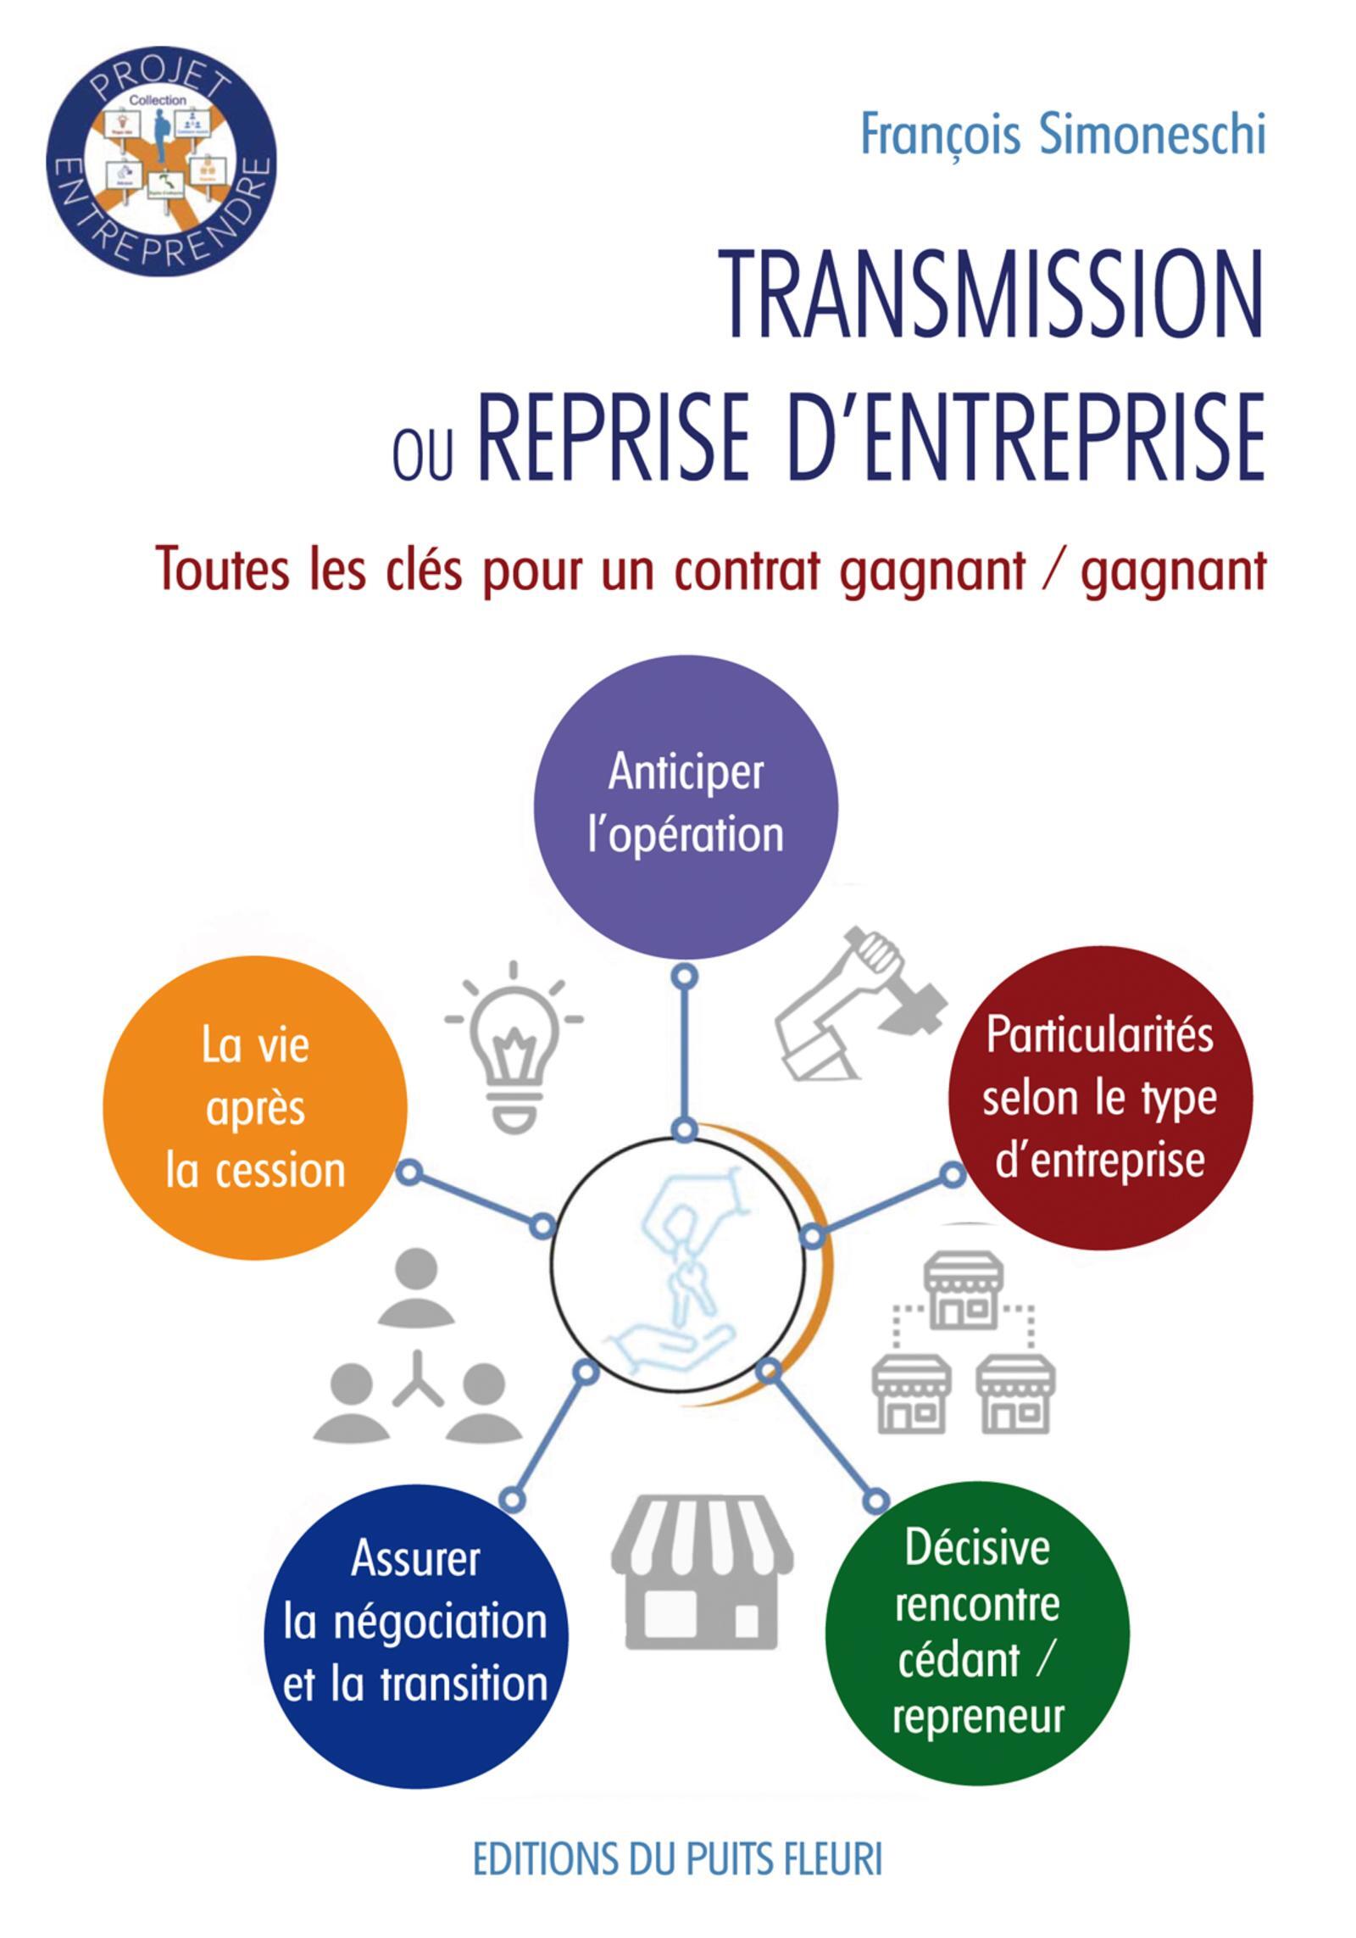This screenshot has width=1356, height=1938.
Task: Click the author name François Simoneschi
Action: pos(1062,136)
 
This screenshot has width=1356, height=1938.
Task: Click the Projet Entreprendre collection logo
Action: pos(160,160)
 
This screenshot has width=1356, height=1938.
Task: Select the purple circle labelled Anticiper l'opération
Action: pos(686,806)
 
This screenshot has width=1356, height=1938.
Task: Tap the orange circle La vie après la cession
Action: pos(255,1108)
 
